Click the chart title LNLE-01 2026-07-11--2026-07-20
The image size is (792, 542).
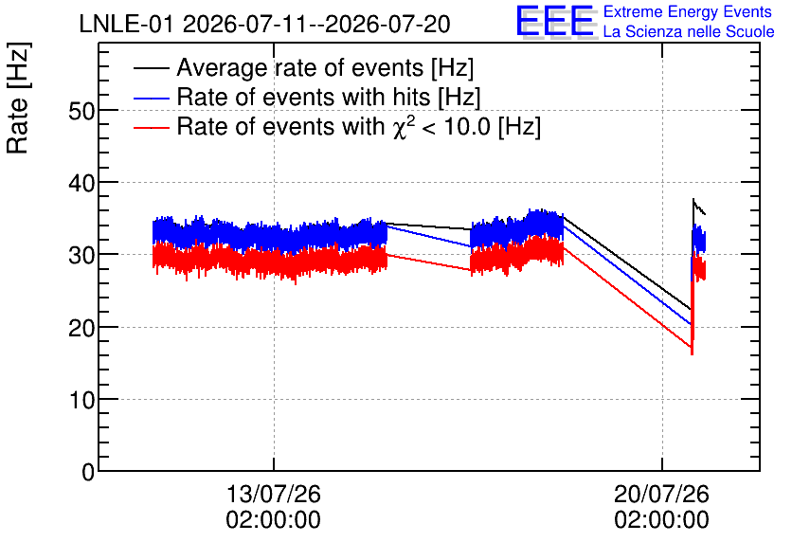pos(264,24)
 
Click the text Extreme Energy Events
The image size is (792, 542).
pos(688,11)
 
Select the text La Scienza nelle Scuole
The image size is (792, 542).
pos(689,31)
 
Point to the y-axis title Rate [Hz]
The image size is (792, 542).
pos(18,98)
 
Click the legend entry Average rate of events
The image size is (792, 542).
pos(325,67)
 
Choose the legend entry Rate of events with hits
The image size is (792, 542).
pos(329,97)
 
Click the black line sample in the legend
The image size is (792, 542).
pos(152,68)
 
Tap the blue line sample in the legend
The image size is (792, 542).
pos(152,98)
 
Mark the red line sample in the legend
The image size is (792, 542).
pos(152,127)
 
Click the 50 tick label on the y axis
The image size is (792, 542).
pos(81,111)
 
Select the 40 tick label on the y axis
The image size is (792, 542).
pos(81,183)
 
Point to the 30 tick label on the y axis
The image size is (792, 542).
pos(81,255)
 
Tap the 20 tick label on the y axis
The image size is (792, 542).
pos(81,328)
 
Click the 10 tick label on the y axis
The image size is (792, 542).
pos(81,400)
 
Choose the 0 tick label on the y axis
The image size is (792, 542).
pos(88,472)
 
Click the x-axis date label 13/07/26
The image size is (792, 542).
pos(273,494)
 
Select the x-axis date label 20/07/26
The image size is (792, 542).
pos(661,494)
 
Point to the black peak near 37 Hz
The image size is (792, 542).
pos(693,199)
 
